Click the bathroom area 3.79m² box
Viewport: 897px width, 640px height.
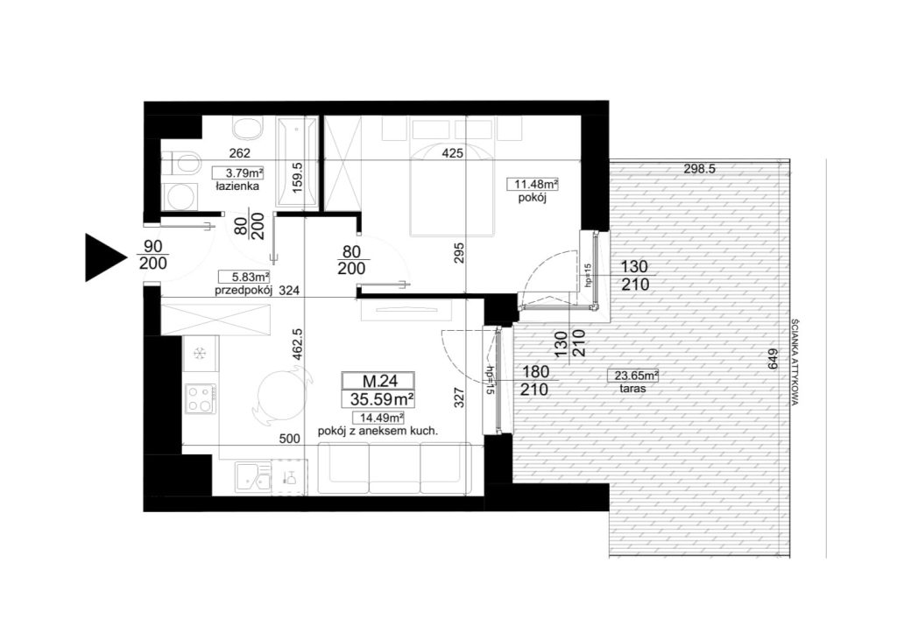[x=237, y=172]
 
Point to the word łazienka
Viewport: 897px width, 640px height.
[x=237, y=186]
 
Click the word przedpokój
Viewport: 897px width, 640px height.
[x=244, y=291]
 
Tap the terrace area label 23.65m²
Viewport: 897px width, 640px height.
[x=632, y=376]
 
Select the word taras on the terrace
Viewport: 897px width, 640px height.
[x=632, y=389]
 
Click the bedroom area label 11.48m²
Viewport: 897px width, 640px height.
[x=533, y=184]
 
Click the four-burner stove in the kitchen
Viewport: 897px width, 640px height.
[x=201, y=398]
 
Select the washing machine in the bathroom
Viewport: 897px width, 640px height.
[x=180, y=196]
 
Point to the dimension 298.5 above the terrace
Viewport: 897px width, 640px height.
[x=699, y=169]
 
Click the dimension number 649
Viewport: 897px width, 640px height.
[x=773, y=359]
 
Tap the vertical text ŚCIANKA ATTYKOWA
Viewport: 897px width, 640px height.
[x=794, y=362]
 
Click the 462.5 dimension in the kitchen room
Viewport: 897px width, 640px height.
[x=297, y=343]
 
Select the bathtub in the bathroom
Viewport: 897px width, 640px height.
[x=296, y=162]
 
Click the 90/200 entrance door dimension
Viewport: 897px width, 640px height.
[x=153, y=255]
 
